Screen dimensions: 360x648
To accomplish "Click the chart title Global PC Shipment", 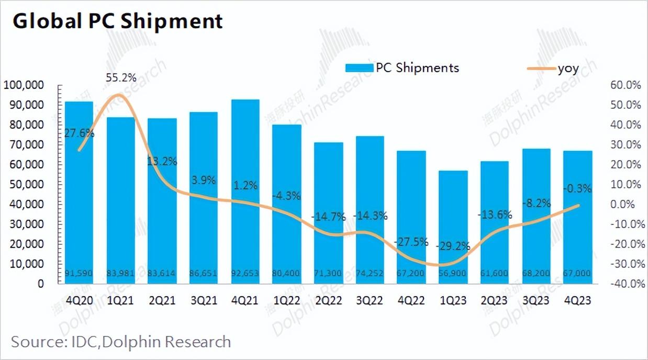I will pos(118,21).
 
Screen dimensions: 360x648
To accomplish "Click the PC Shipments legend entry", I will pos(402,67).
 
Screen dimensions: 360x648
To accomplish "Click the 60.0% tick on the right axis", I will pos(625,85).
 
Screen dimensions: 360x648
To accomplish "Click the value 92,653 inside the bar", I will pos(245,273).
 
